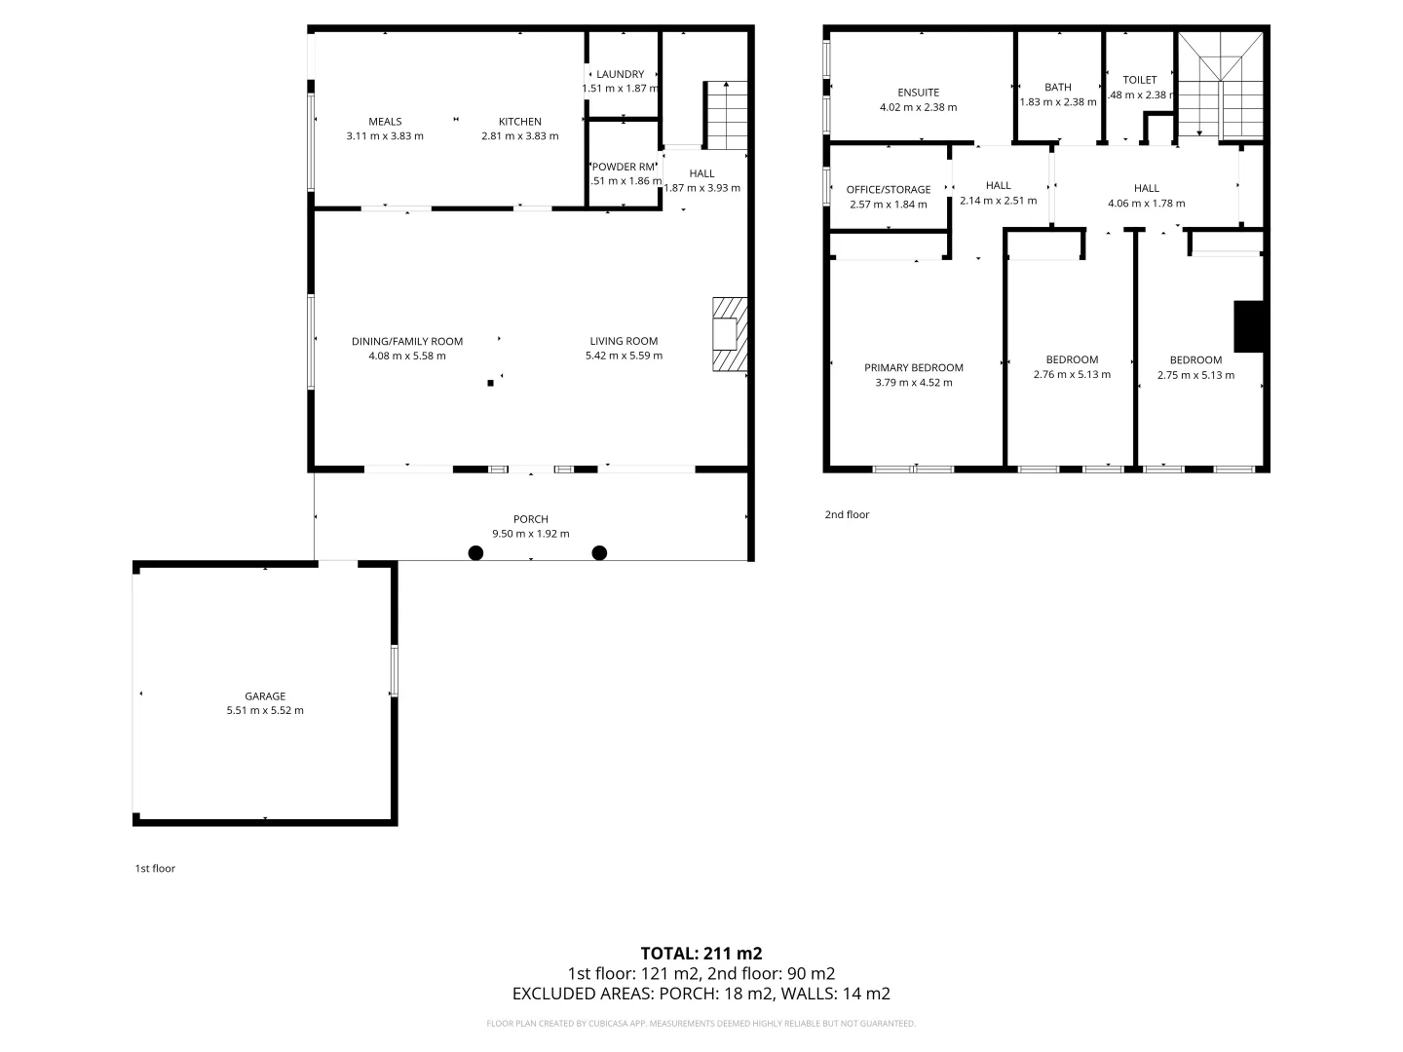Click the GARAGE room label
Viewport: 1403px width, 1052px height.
coord(265,696)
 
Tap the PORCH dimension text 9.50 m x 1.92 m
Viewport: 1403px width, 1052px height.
coord(531,534)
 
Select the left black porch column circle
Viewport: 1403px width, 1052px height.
coord(475,553)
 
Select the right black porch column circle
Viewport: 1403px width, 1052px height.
coord(600,553)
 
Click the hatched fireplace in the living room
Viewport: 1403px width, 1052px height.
coord(729,334)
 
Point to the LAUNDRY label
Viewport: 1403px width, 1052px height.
coord(621,74)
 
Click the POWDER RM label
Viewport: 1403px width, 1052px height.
coord(624,167)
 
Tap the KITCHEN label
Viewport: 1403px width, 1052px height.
coord(520,122)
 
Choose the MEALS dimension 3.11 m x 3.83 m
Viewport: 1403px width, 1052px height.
coord(385,136)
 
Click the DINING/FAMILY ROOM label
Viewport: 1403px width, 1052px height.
coord(407,341)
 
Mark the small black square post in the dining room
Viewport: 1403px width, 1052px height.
coord(491,383)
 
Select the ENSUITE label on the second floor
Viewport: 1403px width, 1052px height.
coord(918,93)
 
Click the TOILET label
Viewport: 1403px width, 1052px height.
coord(1140,80)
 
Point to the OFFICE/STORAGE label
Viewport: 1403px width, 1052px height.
coord(889,190)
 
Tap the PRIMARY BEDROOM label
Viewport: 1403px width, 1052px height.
coord(914,367)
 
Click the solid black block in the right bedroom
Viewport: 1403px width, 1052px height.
coord(1248,326)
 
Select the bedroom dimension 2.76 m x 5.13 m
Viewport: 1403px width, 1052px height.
coord(1072,374)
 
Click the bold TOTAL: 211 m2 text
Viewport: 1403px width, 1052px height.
coord(701,954)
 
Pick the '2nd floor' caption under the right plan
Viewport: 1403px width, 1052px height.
coord(847,514)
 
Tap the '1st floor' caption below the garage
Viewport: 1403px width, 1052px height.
coord(155,868)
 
